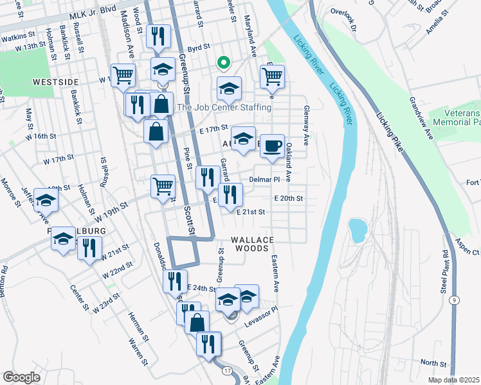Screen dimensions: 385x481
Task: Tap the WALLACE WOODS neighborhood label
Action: click(x=255, y=244)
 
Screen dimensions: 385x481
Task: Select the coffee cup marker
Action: click(x=272, y=146)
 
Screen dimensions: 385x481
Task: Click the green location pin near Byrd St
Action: click(x=223, y=63)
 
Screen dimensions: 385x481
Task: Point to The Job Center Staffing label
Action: click(x=224, y=108)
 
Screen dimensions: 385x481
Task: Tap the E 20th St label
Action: click(x=287, y=199)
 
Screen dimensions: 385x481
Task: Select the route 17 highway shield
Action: click(x=227, y=371)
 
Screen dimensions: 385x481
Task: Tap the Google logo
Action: click(x=21, y=377)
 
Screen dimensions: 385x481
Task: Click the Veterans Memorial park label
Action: click(x=457, y=116)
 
